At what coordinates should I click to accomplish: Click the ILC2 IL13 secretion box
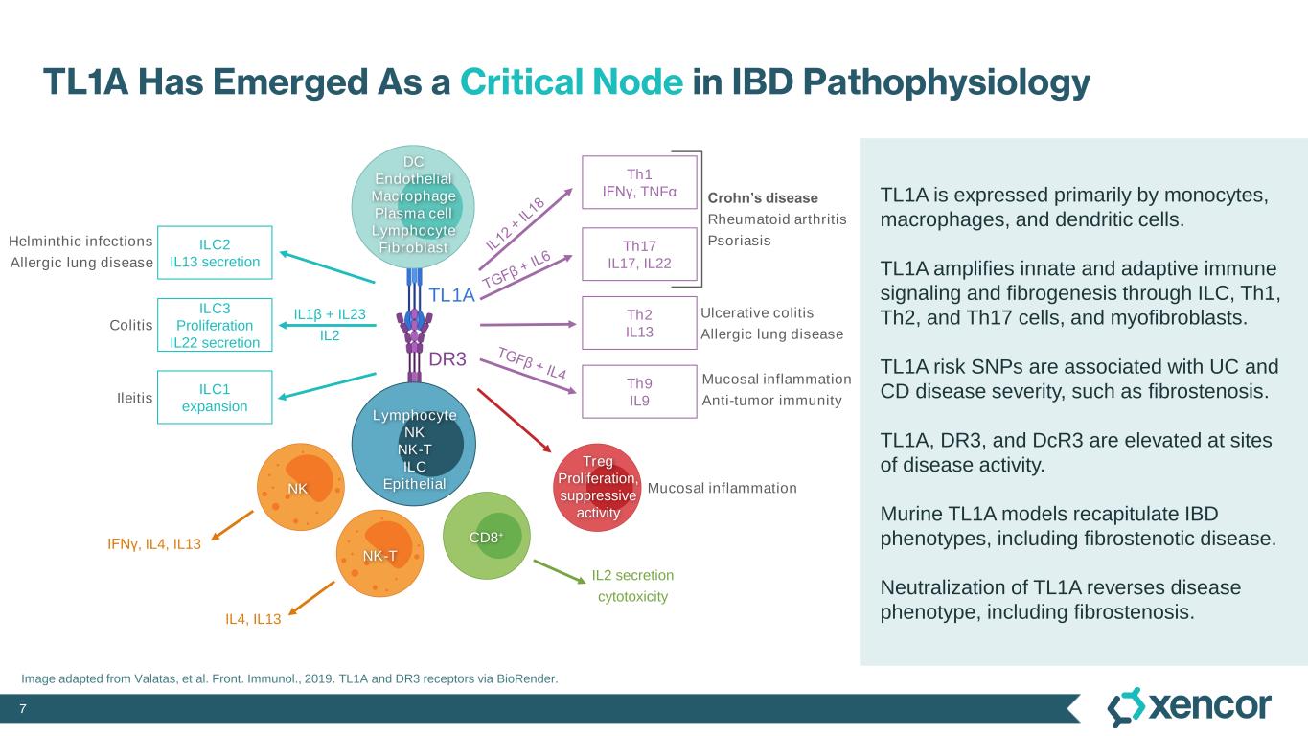point(215,251)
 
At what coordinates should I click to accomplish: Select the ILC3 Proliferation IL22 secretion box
point(215,325)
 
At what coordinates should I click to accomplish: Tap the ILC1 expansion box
point(215,397)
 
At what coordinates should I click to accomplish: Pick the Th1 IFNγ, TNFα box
point(639,182)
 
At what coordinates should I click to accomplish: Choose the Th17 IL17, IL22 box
point(639,254)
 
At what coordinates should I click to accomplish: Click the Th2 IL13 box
point(639,323)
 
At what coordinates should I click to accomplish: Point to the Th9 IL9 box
point(639,391)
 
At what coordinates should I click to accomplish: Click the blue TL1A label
point(451,295)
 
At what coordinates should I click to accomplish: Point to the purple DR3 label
point(447,360)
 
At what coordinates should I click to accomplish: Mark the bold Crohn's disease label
point(763,198)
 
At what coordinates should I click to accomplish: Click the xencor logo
point(1189,707)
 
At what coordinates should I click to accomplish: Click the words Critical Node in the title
point(572,83)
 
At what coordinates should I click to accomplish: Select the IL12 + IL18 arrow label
point(515,224)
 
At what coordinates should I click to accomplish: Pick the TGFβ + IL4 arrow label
point(533,364)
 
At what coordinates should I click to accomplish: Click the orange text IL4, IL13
point(253,619)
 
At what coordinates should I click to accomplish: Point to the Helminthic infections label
point(80,241)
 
